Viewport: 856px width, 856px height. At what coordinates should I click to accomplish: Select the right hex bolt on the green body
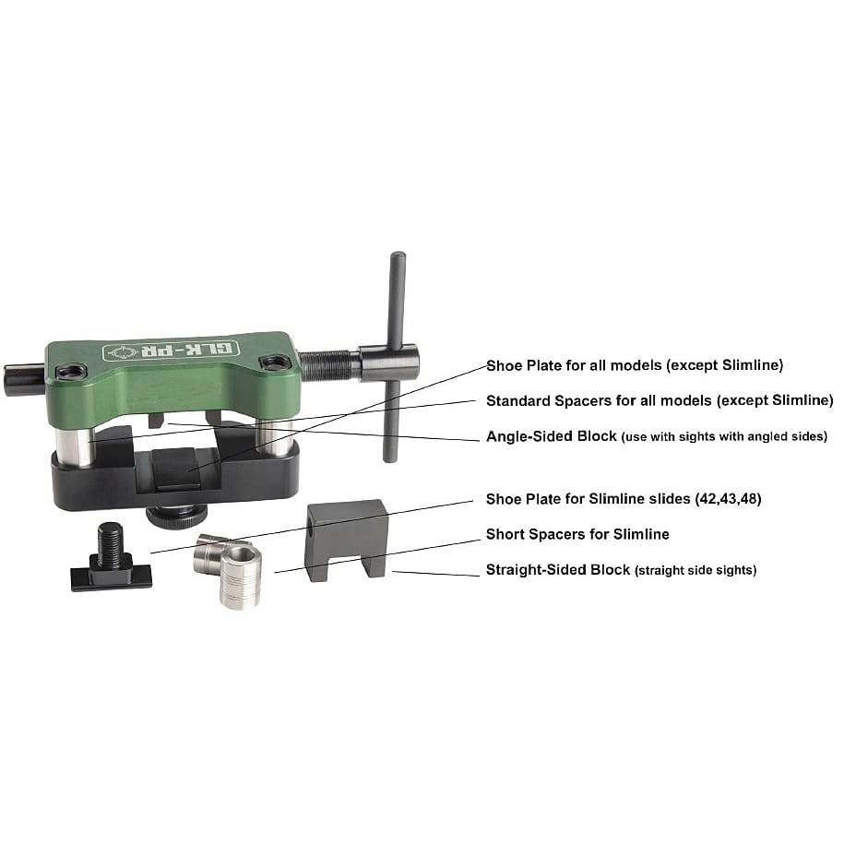point(275,362)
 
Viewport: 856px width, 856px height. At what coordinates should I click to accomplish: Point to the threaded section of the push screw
point(328,364)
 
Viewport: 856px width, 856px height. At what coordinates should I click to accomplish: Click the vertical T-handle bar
point(394,357)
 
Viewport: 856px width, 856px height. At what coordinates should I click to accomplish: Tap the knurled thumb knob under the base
point(176,517)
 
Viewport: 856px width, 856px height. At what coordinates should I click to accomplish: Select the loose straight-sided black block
point(347,540)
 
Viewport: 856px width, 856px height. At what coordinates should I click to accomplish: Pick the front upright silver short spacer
point(240,577)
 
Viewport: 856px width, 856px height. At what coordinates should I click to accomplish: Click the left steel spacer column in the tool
point(75,447)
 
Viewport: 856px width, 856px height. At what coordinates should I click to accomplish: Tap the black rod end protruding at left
point(24,379)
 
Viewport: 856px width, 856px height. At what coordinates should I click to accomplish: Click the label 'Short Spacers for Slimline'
point(577,534)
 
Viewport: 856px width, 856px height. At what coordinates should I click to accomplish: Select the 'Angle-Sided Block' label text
point(552,436)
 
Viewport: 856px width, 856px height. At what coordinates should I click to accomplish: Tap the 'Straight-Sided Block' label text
point(558,569)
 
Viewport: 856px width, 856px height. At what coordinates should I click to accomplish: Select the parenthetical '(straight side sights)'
point(695,570)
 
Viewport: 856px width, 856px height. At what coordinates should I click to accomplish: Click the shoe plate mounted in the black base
point(176,468)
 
